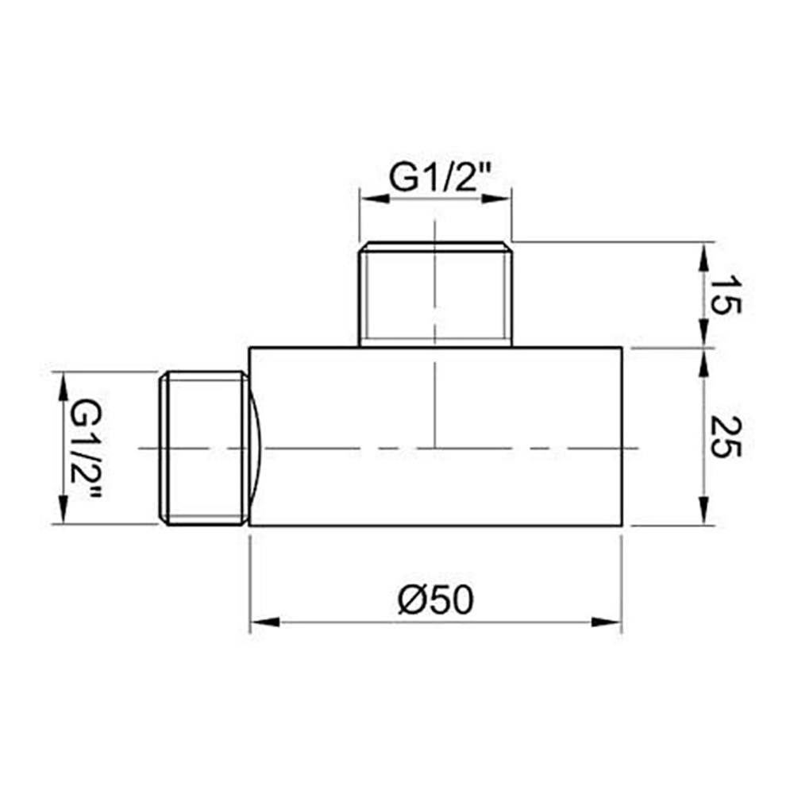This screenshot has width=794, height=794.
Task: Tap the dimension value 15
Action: point(725,295)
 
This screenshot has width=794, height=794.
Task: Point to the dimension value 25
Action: point(725,437)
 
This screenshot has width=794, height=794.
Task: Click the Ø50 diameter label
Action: point(436,601)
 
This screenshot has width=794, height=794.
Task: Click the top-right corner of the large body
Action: point(621,348)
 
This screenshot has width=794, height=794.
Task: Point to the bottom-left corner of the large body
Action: point(250,526)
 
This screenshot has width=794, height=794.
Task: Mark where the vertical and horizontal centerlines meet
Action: point(436,449)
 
